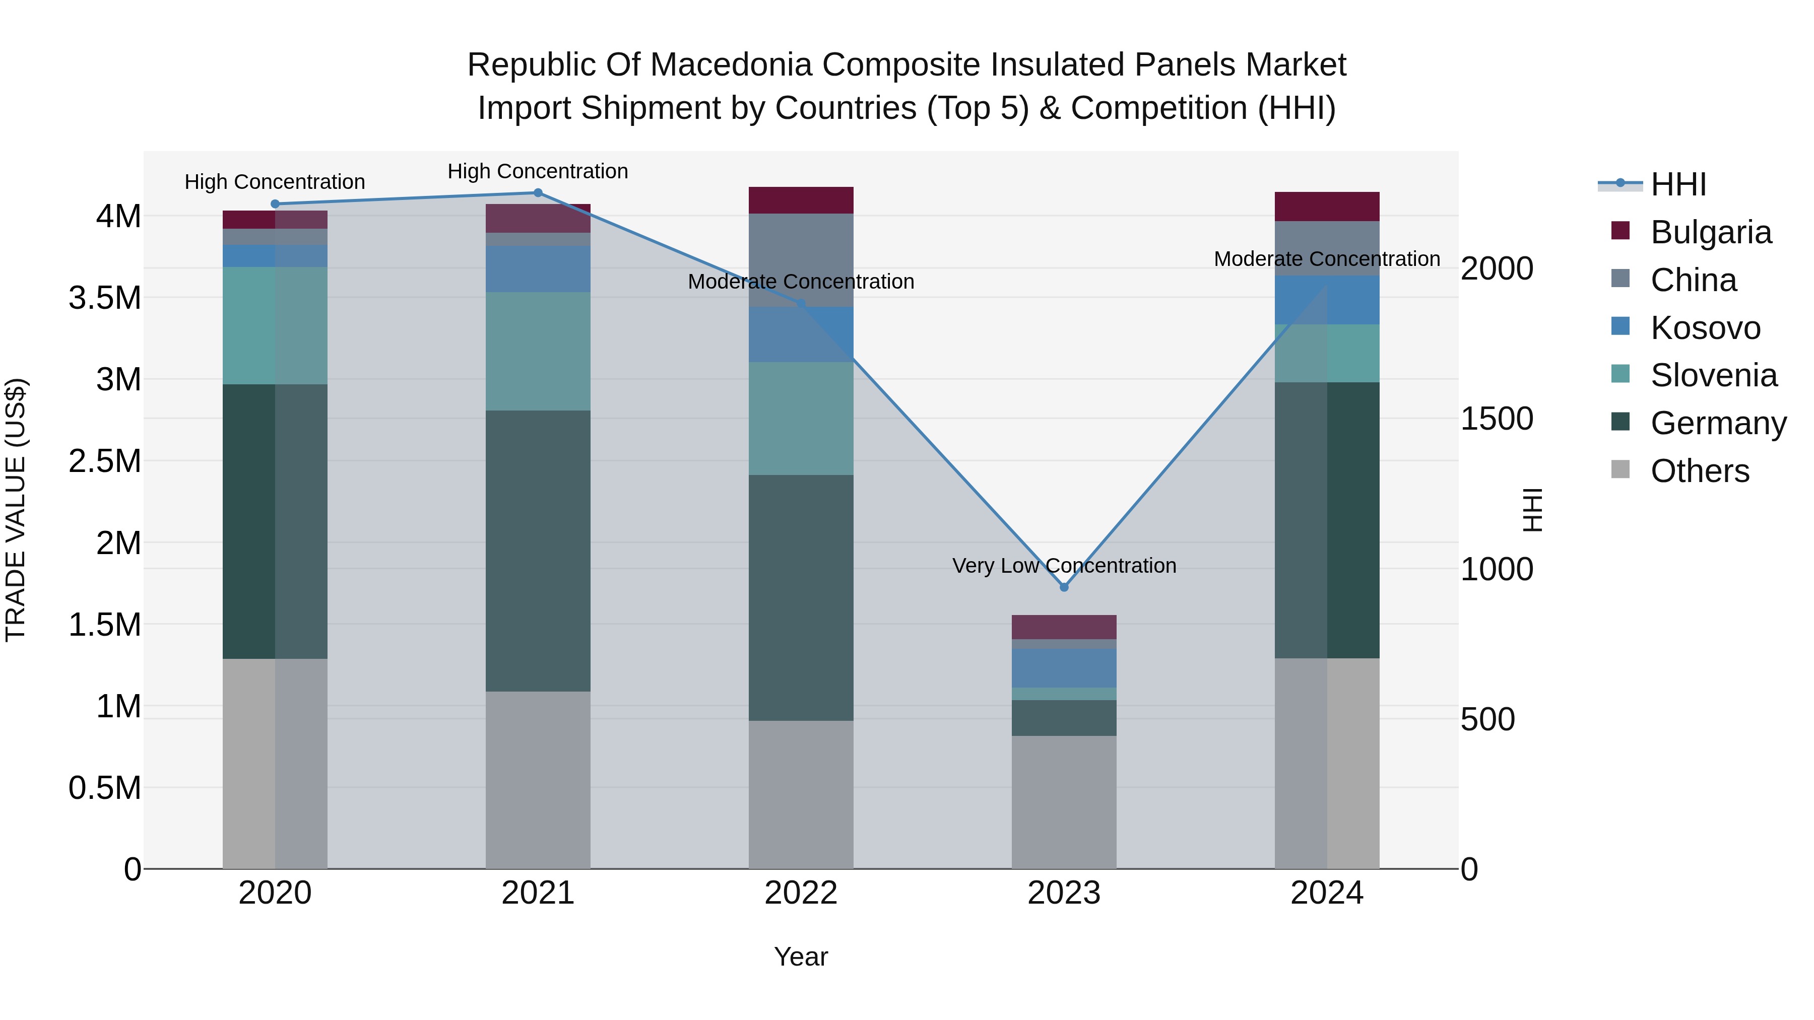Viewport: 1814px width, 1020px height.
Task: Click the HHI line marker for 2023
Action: (x=1064, y=587)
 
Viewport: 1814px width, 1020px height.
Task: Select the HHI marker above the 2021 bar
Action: (x=538, y=193)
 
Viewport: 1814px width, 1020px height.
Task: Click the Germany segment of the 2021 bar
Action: (x=538, y=551)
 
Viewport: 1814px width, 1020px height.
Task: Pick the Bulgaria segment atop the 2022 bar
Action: (x=801, y=200)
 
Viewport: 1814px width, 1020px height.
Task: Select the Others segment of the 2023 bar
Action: (x=1064, y=802)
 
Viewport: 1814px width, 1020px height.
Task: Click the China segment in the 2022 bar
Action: (x=801, y=260)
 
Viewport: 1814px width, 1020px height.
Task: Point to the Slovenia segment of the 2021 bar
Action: (x=538, y=351)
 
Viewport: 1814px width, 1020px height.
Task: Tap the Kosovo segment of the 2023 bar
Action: (x=1064, y=667)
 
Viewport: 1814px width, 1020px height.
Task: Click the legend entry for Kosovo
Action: (x=1704, y=328)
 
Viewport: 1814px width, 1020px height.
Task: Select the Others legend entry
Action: (x=1699, y=471)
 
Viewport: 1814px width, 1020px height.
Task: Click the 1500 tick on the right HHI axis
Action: (x=1497, y=419)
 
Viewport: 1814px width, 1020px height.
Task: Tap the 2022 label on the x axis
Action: (x=801, y=893)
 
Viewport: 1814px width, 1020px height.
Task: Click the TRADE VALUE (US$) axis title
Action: (x=16, y=510)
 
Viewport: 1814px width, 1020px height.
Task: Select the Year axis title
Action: (x=801, y=957)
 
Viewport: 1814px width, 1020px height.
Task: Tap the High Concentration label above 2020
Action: (x=275, y=182)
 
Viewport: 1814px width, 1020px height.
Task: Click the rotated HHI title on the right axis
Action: (x=1532, y=510)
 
